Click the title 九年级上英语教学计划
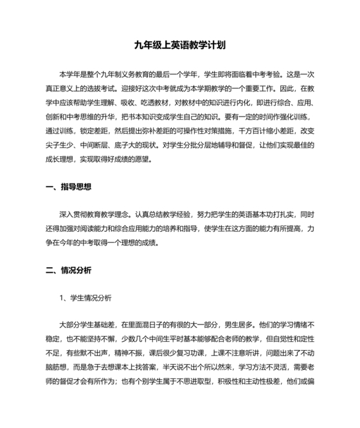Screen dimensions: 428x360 tap(180, 45)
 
